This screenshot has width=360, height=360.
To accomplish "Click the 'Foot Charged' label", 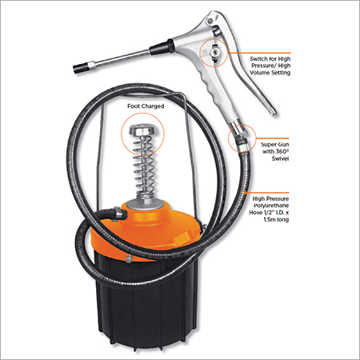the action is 146,106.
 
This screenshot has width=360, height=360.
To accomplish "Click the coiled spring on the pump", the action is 144,169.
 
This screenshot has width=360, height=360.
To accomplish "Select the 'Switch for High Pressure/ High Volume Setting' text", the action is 270,66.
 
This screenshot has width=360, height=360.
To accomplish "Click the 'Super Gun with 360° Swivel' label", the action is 275,151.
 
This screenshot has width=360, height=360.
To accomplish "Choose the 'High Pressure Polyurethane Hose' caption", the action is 270,206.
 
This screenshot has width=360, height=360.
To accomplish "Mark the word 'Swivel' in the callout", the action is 281,158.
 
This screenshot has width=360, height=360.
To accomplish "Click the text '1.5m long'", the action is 276,219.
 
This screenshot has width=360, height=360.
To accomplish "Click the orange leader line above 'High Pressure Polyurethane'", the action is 267,192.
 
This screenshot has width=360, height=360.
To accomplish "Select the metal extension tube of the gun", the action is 120,59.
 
